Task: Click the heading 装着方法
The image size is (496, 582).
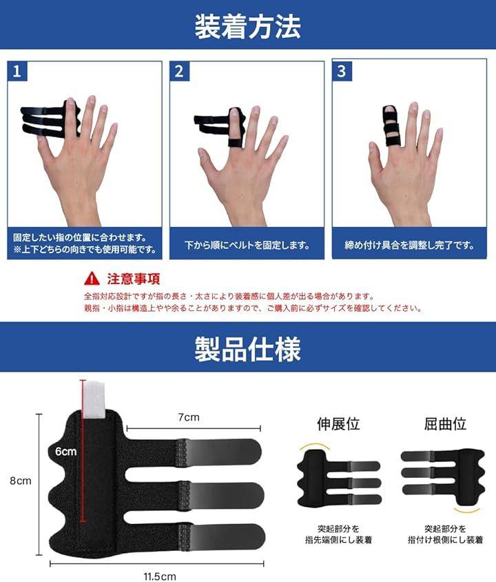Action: coord(247,26)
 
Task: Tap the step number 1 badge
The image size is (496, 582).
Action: coord(17,71)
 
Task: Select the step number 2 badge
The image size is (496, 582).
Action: coord(179,71)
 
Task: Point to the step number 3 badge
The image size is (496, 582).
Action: coord(342,71)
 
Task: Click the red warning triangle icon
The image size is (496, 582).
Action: coord(92,279)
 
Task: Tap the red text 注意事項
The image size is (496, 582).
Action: coord(134,279)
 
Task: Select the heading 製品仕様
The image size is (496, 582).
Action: coord(247,349)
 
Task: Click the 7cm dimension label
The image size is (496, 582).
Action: coord(189,417)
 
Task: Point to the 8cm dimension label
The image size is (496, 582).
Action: coord(21,481)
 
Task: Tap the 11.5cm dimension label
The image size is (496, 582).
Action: coord(160,576)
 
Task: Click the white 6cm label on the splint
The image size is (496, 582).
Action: coord(66,452)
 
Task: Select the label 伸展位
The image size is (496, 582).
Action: coord(338,424)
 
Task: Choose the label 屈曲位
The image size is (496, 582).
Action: coord(445,424)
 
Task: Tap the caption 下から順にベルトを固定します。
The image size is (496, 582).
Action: coord(247,245)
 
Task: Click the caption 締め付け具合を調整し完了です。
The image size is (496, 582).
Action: coord(409,245)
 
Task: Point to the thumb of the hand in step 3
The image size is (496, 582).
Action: coord(375,158)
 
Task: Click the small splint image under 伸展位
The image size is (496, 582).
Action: coord(338,479)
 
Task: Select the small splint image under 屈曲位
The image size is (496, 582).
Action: coord(443,476)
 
